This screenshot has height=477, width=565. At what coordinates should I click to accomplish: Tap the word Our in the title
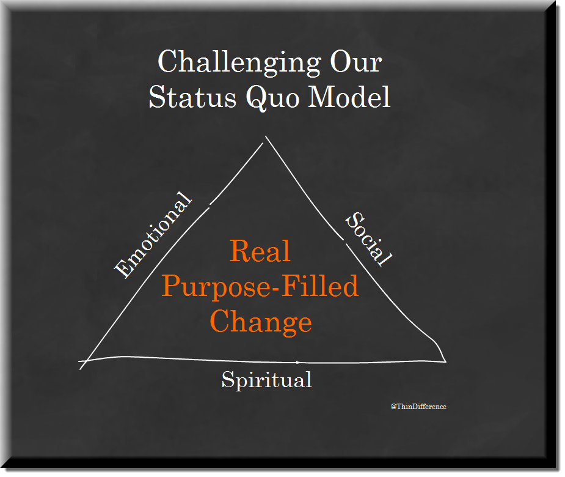click(355, 62)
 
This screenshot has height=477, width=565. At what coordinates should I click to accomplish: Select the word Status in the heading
click(192, 97)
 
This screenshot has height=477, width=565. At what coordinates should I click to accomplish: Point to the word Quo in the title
click(272, 97)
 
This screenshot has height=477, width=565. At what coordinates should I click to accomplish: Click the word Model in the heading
click(349, 97)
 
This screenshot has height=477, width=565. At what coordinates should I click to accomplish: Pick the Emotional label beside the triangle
click(153, 235)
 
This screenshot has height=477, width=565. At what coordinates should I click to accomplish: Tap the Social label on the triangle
click(368, 239)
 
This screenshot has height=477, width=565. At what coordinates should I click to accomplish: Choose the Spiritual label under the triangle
click(267, 380)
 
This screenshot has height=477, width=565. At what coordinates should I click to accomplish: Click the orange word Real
click(260, 251)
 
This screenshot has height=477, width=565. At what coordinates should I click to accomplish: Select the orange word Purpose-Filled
click(260, 286)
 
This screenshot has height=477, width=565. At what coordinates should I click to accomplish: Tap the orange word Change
click(261, 322)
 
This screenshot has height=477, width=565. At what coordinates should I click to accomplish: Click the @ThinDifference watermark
click(418, 407)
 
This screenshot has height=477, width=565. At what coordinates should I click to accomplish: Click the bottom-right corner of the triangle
click(446, 361)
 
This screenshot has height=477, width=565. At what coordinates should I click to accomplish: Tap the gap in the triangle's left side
click(210, 206)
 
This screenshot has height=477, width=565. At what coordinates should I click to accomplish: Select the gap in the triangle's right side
click(345, 242)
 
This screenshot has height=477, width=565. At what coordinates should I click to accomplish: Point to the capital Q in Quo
click(258, 98)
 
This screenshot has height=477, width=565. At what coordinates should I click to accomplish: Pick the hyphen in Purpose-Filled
click(275, 288)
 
